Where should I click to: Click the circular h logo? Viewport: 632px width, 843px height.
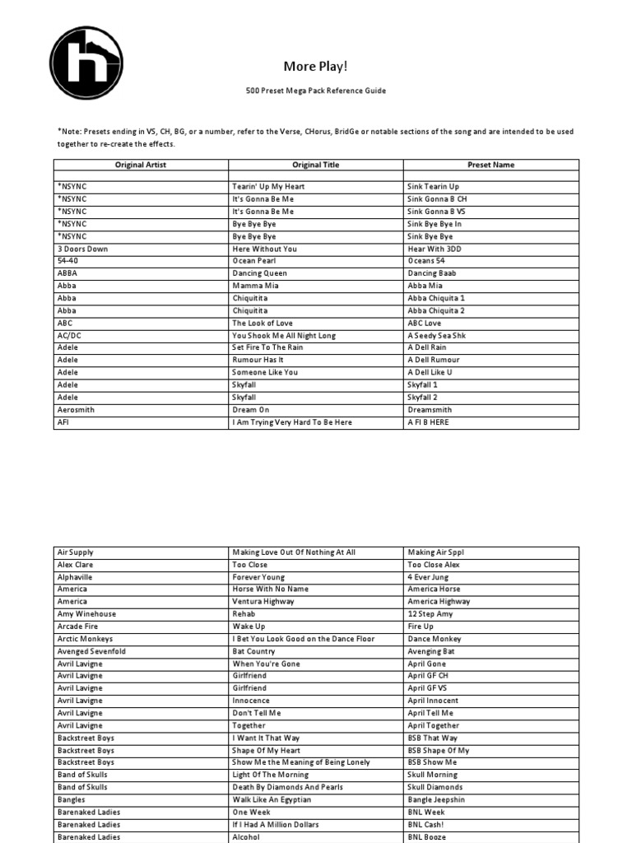86,63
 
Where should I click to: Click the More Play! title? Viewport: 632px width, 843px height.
310,66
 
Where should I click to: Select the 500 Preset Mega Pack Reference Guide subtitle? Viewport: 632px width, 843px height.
316,91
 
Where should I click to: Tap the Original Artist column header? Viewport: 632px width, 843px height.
141,165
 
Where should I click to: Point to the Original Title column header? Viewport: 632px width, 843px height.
315,165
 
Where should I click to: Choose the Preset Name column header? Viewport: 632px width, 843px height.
491,165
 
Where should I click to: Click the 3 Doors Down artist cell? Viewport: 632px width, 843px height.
82,249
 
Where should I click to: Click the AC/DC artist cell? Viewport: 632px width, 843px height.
70,335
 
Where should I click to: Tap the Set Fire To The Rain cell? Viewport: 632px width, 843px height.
267,347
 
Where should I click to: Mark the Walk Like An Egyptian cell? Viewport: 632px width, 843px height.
272,799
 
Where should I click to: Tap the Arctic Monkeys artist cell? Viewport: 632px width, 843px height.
86,639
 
